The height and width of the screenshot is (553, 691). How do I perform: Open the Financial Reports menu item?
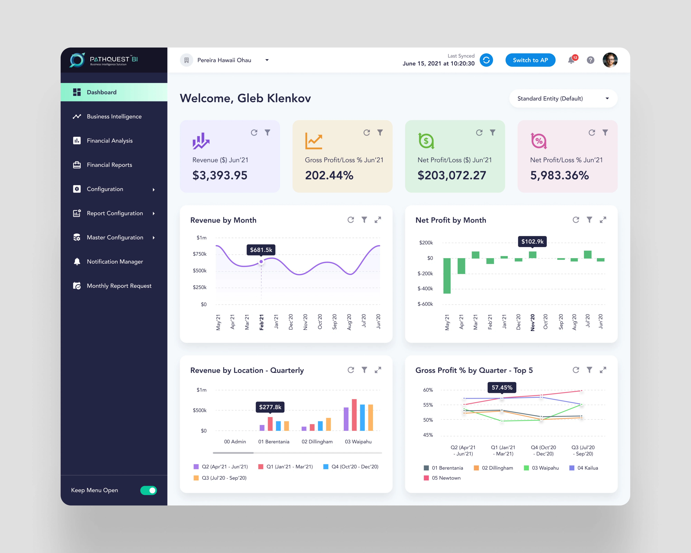(109, 165)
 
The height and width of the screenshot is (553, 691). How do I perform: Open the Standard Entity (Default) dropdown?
(563, 99)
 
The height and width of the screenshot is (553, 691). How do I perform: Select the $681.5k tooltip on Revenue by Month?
(261, 250)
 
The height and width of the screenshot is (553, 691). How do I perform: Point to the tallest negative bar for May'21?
(447, 276)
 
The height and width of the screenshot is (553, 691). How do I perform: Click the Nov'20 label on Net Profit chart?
(533, 322)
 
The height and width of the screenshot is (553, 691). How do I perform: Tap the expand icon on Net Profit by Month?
(603, 220)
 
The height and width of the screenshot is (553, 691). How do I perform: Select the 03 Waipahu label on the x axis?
(358, 442)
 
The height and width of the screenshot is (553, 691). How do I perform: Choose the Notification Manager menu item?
(115, 262)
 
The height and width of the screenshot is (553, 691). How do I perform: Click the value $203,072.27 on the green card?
(452, 175)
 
